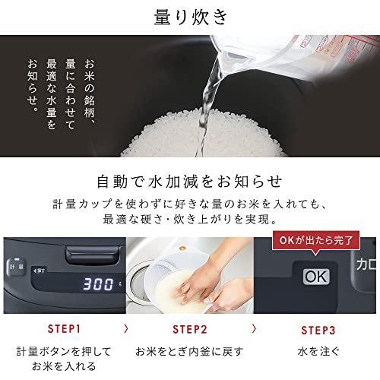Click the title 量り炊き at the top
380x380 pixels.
[x=189, y=17]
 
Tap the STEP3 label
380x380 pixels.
[x=313, y=329]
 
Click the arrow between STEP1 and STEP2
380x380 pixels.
[x=125, y=329]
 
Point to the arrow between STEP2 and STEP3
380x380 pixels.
[x=251, y=329]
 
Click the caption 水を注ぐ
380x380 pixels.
[x=313, y=352]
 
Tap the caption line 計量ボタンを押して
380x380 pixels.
[x=63, y=352]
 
